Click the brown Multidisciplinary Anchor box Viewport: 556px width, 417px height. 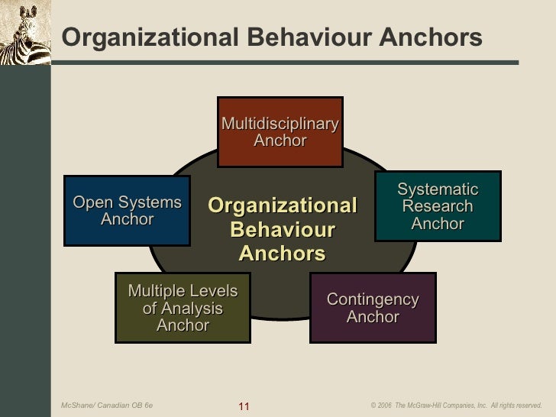click(280, 132)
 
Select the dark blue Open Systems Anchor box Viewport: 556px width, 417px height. click(127, 211)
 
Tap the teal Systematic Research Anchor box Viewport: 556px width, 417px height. click(438, 206)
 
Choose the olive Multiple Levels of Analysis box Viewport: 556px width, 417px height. click(183, 308)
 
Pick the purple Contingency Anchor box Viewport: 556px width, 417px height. click(373, 308)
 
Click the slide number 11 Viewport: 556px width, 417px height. click(244, 405)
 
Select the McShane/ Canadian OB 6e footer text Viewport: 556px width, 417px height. click(107, 405)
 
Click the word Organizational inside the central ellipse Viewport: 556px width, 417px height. click(283, 206)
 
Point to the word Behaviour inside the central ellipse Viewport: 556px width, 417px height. click(283, 230)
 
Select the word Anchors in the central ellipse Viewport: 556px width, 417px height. click(283, 254)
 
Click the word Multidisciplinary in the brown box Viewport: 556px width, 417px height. click(280, 124)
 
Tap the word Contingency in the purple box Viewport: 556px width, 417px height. click(373, 299)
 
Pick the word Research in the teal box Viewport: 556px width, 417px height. click(438, 206)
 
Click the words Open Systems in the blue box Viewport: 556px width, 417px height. click(127, 202)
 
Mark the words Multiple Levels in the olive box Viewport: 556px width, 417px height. click(183, 291)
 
